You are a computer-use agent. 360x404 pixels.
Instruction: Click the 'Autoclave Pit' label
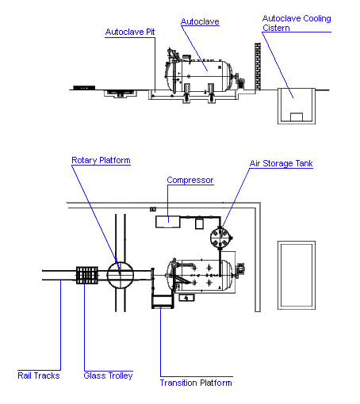click(130, 32)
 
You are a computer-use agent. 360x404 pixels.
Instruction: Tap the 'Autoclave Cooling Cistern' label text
click(297, 23)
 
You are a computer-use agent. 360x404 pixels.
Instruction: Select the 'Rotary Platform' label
click(101, 160)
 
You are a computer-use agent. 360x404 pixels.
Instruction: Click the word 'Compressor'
click(190, 180)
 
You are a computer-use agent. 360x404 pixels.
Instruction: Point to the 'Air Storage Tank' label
click(281, 163)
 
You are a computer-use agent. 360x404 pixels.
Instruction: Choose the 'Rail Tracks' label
click(39, 375)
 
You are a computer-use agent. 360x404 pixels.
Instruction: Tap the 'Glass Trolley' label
click(108, 375)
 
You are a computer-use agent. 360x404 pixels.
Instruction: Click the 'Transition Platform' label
click(196, 383)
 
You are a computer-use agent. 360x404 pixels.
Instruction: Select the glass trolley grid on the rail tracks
click(87, 275)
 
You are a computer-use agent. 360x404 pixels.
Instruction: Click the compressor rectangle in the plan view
click(168, 222)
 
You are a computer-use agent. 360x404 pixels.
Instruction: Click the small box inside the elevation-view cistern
click(297, 117)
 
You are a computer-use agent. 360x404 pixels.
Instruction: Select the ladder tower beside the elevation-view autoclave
click(258, 67)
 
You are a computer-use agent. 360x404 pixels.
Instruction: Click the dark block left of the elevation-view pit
click(84, 88)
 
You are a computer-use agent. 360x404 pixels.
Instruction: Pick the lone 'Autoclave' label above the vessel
click(200, 21)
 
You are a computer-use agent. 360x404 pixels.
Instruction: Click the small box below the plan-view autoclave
click(186, 298)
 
